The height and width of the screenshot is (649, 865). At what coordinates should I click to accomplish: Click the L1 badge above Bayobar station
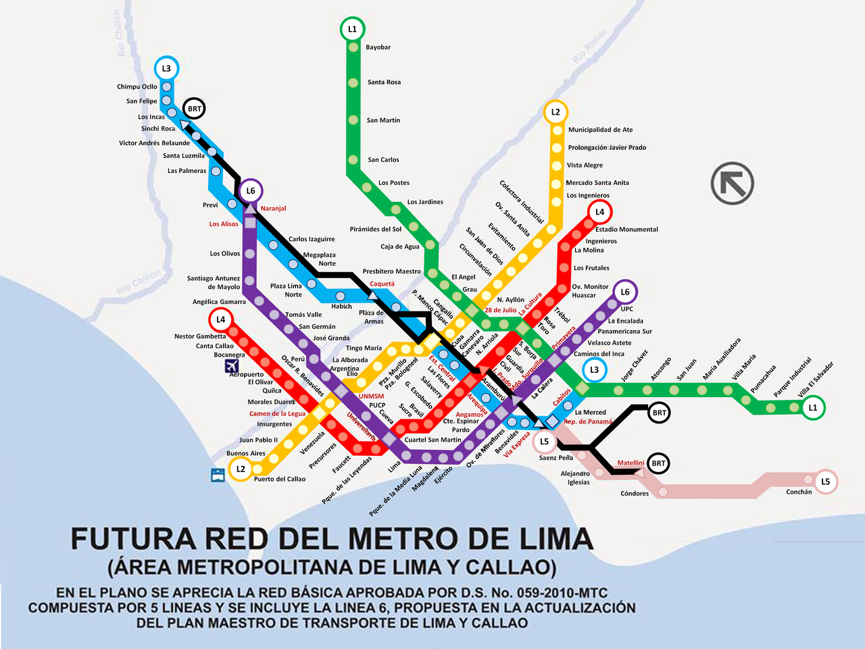tap(352, 29)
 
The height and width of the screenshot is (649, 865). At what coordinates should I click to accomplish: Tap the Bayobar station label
tap(378, 47)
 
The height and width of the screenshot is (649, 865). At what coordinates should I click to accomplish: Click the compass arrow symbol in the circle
tap(733, 183)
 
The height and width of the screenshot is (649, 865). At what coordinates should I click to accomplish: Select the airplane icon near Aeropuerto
tap(232, 366)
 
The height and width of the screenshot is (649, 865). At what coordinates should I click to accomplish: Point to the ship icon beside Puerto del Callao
tap(218, 475)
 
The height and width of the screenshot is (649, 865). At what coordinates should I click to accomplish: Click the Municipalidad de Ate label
tap(600, 130)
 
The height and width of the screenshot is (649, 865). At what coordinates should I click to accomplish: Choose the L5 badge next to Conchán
tap(825, 482)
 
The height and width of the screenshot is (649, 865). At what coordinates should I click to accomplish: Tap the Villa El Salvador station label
tap(816, 380)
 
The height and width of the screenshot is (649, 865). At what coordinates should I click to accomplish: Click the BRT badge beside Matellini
tap(658, 463)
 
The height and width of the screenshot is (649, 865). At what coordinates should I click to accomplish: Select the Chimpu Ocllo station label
tap(137, 86)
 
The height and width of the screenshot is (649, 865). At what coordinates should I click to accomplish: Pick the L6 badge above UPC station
tap(625, 292)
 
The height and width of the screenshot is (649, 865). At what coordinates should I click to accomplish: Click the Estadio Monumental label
tap(626, 230)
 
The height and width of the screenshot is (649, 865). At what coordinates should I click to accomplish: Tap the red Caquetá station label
tap(382, 284)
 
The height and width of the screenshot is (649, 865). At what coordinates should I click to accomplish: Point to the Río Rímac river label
tap(590, 47)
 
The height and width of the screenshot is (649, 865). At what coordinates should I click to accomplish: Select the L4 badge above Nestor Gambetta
tap(220, 319)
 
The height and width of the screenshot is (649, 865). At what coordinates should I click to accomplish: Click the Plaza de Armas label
tap(372, 317)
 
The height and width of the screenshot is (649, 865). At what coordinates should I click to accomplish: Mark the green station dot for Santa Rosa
tap(353, 82)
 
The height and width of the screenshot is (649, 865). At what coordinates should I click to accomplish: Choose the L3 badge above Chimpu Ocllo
tap(166, 68)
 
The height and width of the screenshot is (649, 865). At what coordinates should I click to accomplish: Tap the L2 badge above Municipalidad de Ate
tap(555, 112)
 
